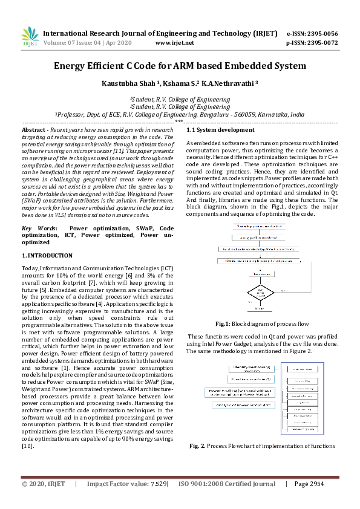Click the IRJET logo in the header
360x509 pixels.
[30, 37]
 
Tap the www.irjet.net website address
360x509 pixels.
[174, 43]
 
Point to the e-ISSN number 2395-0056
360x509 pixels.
[321, 33]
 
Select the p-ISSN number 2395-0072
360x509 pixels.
[321, 43]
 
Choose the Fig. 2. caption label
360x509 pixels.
[198, 446]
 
